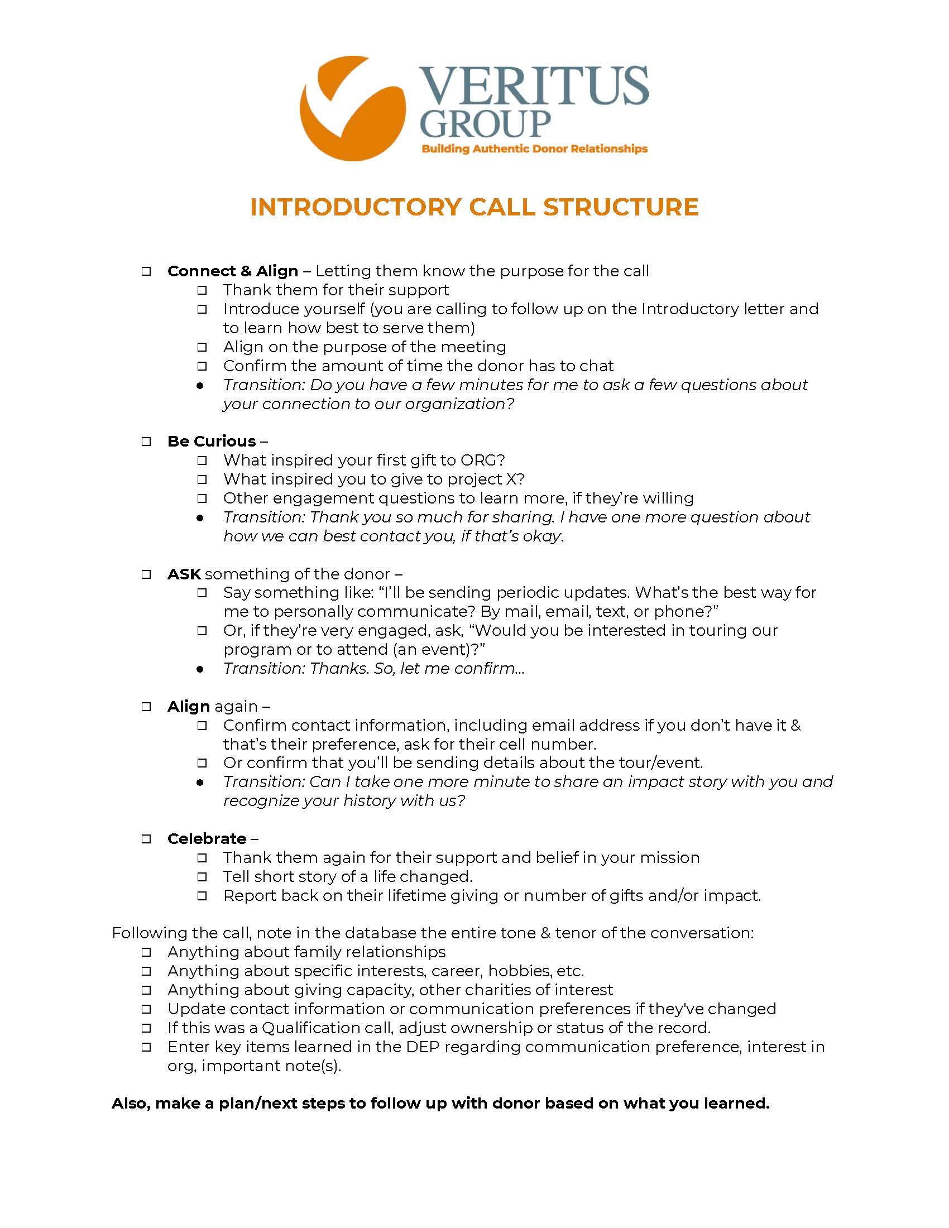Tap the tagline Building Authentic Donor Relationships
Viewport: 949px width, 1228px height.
(534, 149)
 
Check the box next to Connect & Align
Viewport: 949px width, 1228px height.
(146, 272)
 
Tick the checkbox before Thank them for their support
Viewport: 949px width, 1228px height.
(202, 291)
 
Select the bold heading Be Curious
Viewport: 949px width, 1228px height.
(212, 442)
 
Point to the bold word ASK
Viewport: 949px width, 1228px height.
(184, 574)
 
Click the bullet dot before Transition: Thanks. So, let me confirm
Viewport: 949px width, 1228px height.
(200, 669)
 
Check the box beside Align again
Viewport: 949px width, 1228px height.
(146, 707)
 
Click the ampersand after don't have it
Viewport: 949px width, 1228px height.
(795, 725)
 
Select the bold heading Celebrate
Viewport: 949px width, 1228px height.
(207, 839)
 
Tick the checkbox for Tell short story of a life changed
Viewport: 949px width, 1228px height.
(202, 877)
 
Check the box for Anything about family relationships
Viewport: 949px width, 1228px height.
(146, 952)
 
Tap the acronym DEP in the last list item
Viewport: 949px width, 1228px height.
(423, 1047)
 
